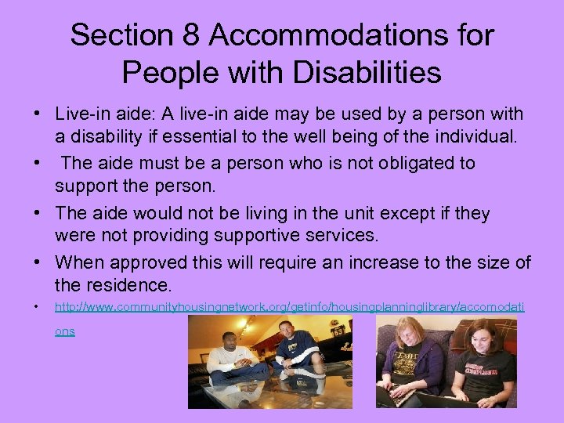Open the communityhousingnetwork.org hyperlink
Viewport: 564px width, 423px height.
click(289, 307)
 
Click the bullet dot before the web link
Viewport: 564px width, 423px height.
click(37, 307)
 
